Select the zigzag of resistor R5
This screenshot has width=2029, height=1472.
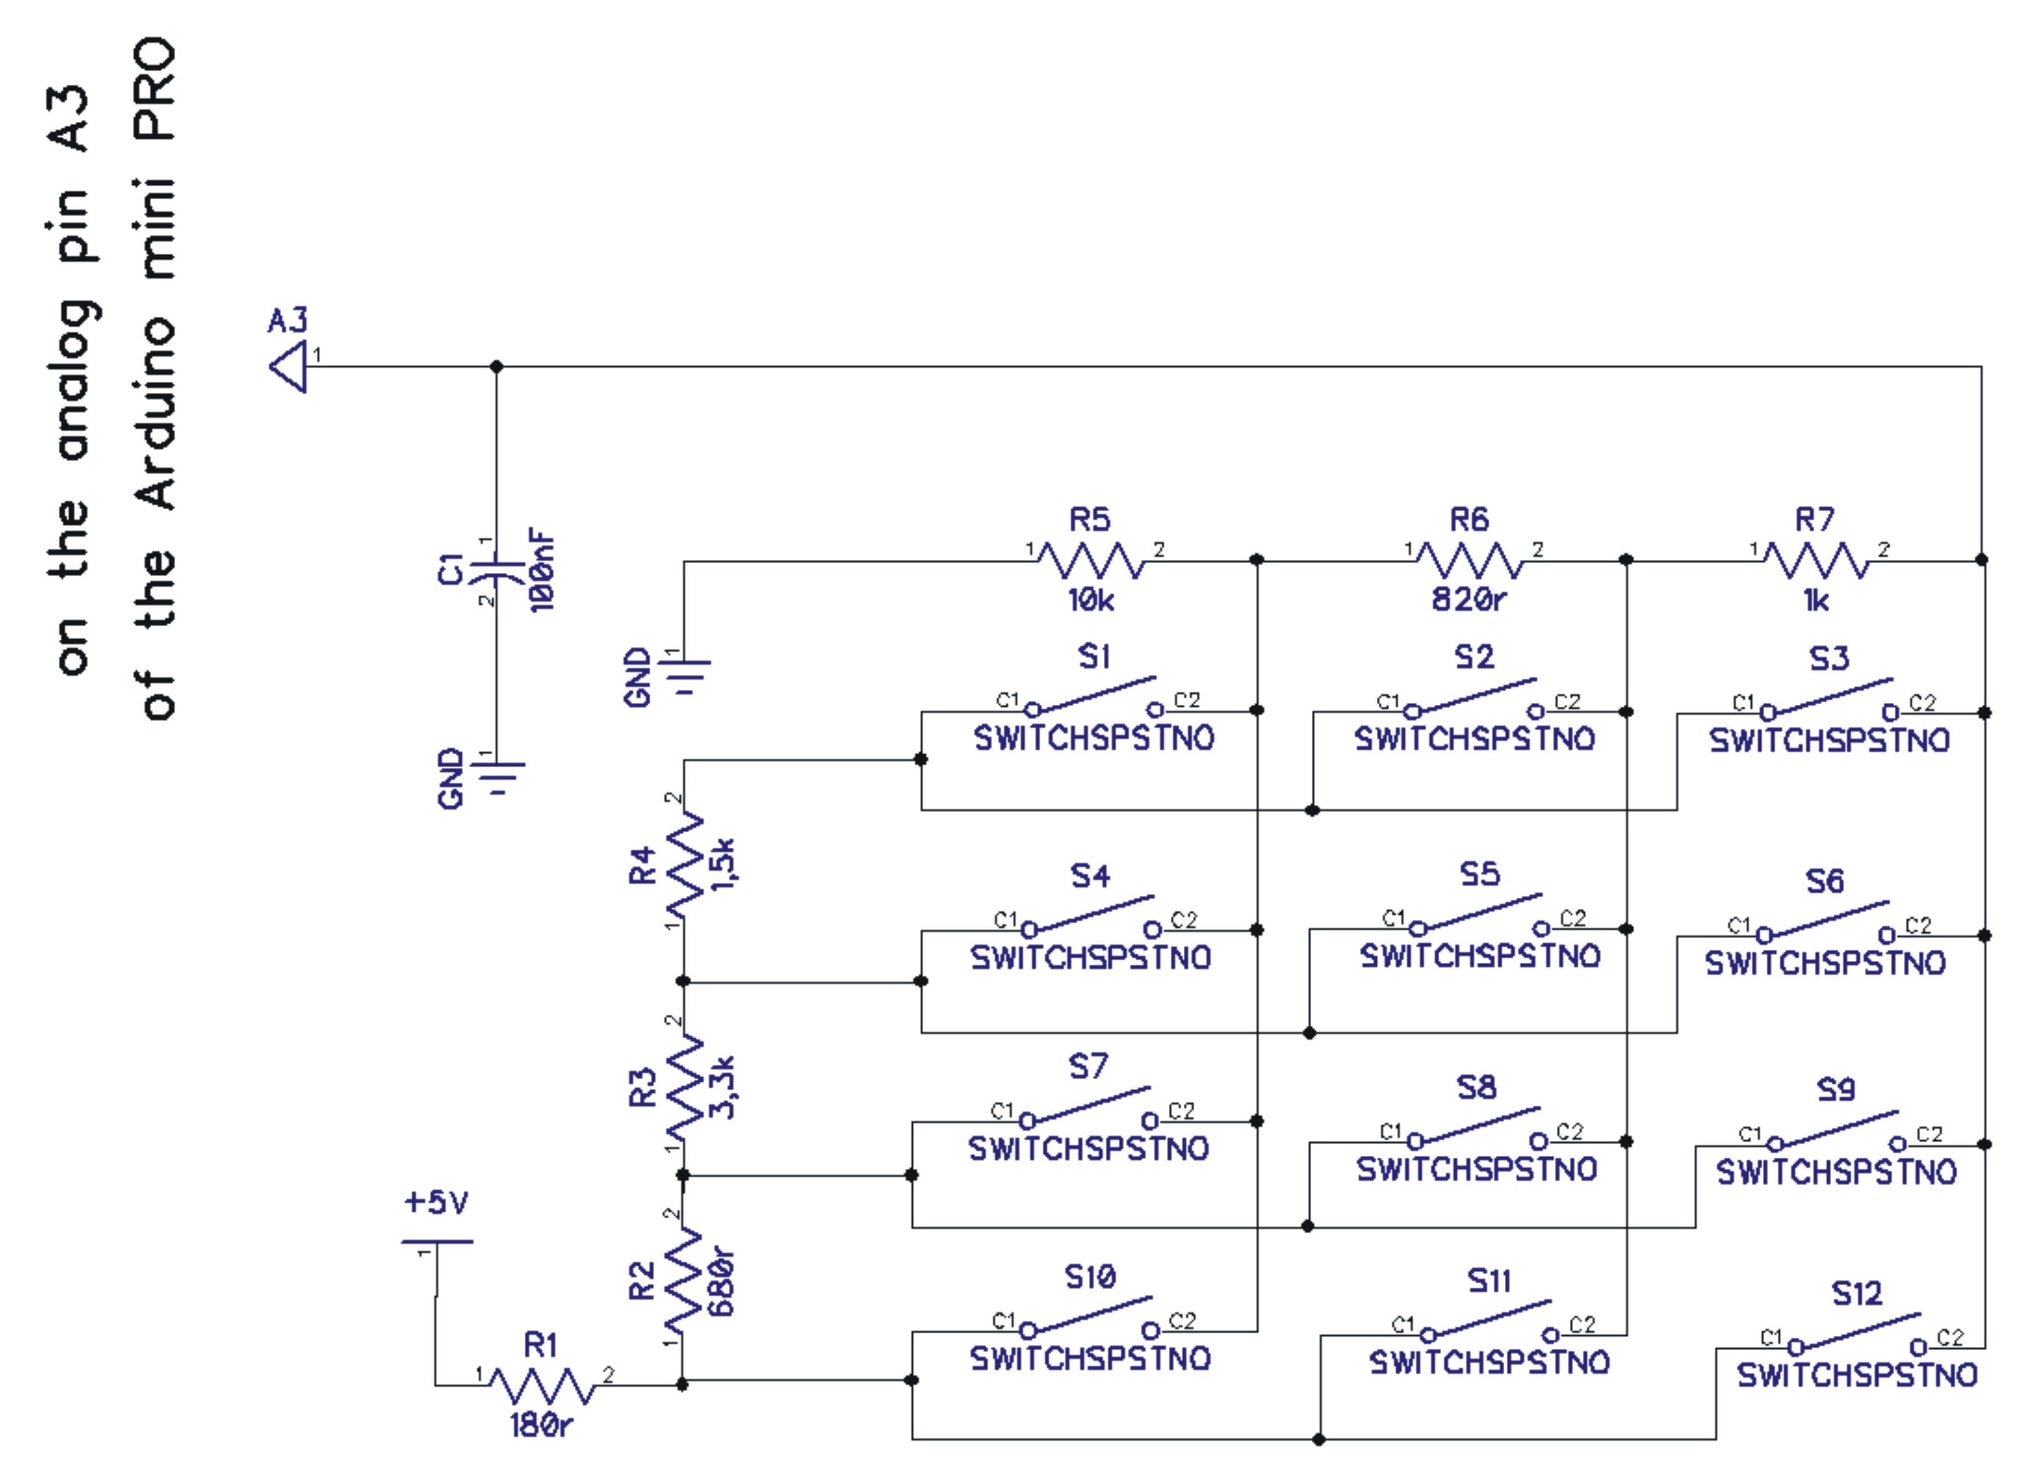[x=1091, y=561]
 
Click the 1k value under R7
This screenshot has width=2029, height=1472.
[x=1816, y=600]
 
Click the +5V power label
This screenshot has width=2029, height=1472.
[x=435, y=1201]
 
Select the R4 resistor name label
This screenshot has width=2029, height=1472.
[x=642, y=865]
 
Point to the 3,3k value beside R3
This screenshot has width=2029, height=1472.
[x=723, y=1087]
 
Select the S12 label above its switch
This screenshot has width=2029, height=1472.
[x=1857, y=1294]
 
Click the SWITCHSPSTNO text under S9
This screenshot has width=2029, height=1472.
[x=1836, y=1172]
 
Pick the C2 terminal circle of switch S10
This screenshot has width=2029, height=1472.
[x=1153, y=1331]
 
